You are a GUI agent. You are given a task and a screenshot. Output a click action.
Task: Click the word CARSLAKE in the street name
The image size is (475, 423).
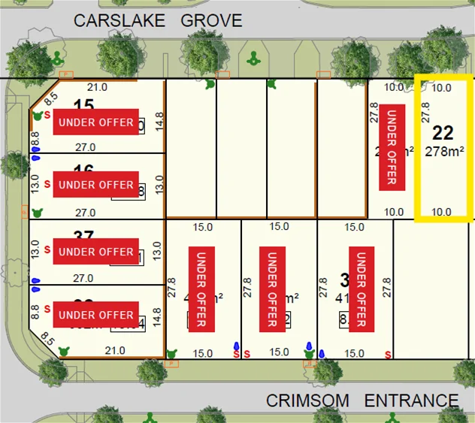[x=119, y=21]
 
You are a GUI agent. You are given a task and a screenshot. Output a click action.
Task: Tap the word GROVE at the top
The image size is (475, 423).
[x=211, y=21]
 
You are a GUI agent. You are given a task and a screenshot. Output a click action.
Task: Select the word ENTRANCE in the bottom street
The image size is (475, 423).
[x=411, y=400]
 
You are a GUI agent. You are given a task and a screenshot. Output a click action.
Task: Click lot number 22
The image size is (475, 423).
[x=443, y=133]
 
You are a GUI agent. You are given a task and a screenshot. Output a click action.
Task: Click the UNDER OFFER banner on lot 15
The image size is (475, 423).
[x=95, y=122]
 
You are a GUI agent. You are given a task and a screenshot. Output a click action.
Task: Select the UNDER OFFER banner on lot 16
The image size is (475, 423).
[x=95, y=185]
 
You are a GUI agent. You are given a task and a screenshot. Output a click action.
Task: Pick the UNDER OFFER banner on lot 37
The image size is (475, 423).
[x=95, y=252]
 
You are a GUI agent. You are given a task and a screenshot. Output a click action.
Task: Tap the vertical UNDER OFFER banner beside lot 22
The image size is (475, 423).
[x=389, y=146]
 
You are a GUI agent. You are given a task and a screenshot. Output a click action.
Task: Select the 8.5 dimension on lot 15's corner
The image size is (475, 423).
[x=50, y=97]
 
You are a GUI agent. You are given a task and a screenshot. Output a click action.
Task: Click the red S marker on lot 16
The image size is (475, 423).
[x=48, y=183]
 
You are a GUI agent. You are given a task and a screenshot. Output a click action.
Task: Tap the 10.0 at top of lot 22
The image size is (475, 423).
[x=443, y=88]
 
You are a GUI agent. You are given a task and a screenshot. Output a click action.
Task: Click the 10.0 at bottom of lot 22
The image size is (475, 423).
[x=443, y=212]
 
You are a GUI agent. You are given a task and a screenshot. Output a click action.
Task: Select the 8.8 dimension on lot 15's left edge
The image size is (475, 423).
[x=35, y=139]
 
